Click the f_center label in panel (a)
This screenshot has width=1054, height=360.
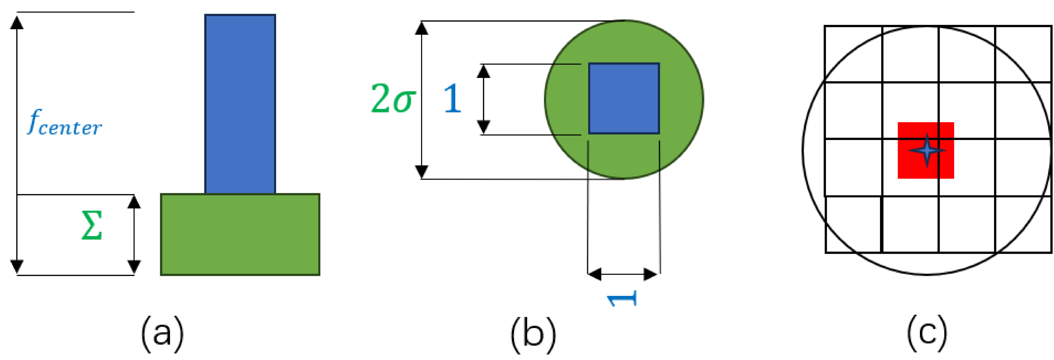pyautogui.click(x=65, y=123)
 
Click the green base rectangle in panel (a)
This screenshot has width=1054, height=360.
pyautogui.click(x=240, y=234)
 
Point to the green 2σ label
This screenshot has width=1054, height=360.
pyautogui.click(x=393, y=99)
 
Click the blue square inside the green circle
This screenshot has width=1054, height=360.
pyautogui.click(x=624, y=98)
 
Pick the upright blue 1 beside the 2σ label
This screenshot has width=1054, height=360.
pyautogui.click(x=452, y=99)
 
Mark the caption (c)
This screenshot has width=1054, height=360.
pyautogui.click(x=927, y=334)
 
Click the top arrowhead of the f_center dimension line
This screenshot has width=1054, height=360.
pyautogui.click(x=17, y=22)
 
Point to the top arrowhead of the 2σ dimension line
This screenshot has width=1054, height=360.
pyautogui.click(x=422, y=28)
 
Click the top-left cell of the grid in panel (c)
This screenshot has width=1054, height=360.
pyautogui.click(x=853, y=54)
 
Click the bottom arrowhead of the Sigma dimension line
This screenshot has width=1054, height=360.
pyautogui.click(x=134, y=267)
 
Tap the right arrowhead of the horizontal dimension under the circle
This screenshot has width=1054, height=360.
pyautogui.click(x=651, y=274)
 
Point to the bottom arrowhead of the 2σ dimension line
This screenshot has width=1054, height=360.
pyautogui.click(x=422, y=172)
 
